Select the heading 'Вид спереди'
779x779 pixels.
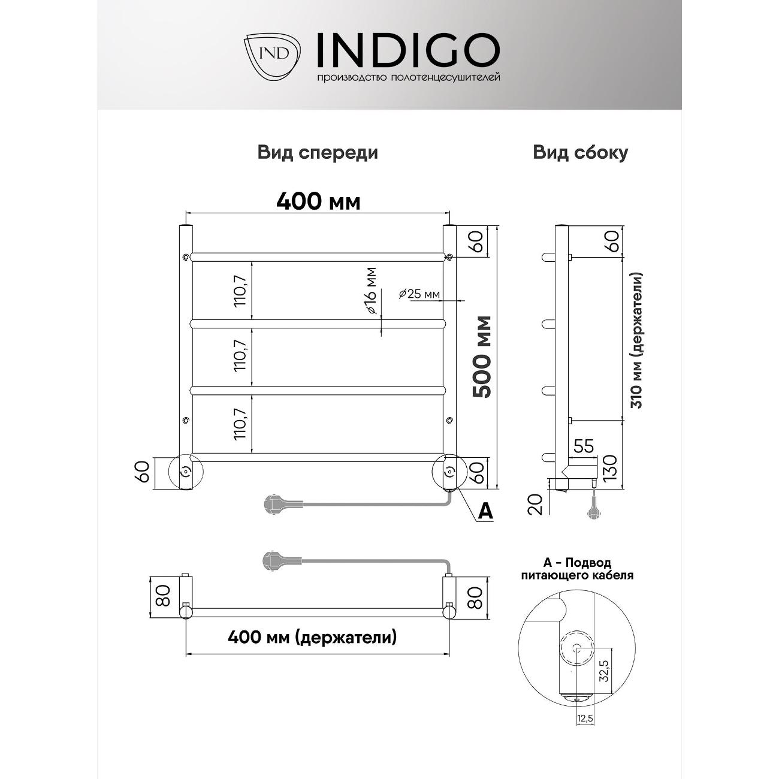(318, 153)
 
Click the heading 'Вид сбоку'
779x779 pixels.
(580, 153)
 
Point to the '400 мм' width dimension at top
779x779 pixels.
(318, 202)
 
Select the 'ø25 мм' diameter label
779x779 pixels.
(419, 294)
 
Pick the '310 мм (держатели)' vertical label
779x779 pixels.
(638, 340)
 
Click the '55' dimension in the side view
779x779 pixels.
(583, 446)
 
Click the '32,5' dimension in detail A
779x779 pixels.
(603, 671)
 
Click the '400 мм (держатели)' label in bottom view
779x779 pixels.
(312, 637)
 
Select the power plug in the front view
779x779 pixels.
(277, 503)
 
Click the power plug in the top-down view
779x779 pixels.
(277, 560)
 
